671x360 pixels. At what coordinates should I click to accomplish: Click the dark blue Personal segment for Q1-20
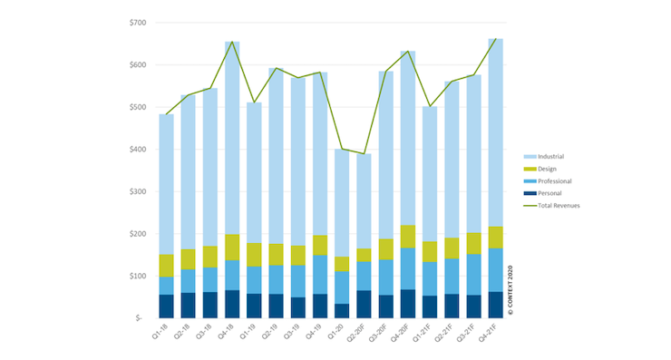point(342,310)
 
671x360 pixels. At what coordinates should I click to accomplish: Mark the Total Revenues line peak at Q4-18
point(233,42)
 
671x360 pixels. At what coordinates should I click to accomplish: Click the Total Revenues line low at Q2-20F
point(364,153)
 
